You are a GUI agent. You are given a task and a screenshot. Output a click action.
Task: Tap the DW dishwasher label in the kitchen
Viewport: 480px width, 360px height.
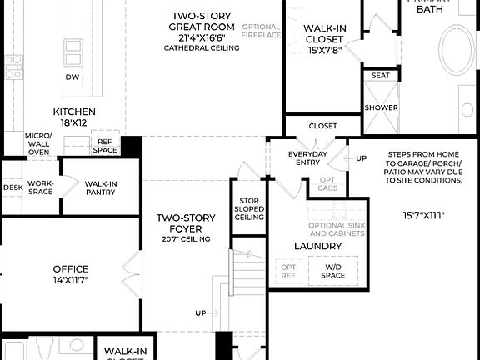tap(73, 77)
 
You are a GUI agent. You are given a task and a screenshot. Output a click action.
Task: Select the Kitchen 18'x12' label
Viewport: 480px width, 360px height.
tap(74, 117)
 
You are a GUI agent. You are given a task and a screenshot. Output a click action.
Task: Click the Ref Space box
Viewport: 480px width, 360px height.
tap(105, 145)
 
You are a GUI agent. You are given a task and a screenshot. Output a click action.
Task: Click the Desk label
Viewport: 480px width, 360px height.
tap(12, 187)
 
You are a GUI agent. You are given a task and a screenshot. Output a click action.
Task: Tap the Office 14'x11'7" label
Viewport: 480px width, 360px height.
tap(71, 274)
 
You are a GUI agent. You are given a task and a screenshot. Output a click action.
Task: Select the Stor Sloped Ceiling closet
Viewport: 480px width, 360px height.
tap(250, 209)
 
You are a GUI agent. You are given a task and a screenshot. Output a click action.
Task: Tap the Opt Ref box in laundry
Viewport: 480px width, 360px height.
tap(287, 270)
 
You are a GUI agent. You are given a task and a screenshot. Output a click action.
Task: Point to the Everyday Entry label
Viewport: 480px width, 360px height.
tap(307, 158)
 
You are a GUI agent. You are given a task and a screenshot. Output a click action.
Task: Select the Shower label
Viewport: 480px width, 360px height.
tap(380, 107)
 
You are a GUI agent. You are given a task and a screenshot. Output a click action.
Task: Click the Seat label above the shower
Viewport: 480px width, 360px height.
tap(380, 76)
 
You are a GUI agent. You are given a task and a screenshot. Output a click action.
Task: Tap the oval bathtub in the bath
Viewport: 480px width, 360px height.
tap(457, 49)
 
